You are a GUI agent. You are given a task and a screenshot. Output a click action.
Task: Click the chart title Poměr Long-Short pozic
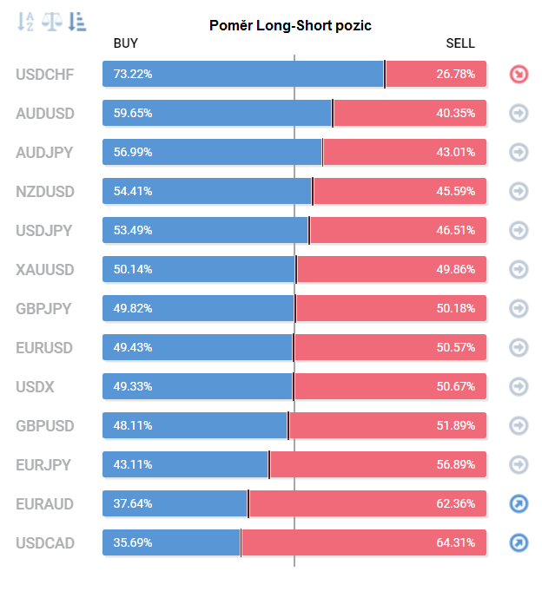290,25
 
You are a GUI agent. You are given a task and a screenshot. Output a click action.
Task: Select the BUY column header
126,43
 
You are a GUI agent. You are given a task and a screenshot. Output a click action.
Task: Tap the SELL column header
460,43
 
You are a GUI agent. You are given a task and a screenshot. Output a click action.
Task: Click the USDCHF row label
44,75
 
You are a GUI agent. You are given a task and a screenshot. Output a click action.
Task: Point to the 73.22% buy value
133,75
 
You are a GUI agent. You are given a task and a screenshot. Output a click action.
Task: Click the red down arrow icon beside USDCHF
519,75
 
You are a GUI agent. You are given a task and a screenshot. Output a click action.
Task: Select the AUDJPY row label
44,153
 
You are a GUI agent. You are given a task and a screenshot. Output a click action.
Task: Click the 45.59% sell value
455,192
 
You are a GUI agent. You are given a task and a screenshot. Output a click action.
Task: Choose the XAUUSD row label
44,270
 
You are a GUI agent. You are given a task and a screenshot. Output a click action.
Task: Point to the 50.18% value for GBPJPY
455,309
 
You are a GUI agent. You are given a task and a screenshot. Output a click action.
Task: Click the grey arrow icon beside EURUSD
519,348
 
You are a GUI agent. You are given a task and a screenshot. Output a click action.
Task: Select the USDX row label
35,387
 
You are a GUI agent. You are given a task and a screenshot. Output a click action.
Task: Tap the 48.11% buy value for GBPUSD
133,426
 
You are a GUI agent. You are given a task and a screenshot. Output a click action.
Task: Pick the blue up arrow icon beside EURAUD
519,504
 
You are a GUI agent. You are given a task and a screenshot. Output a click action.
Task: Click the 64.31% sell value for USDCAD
455,543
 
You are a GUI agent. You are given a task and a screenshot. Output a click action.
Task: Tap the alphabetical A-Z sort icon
26,20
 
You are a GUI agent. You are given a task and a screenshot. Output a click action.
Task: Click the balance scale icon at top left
52,20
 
